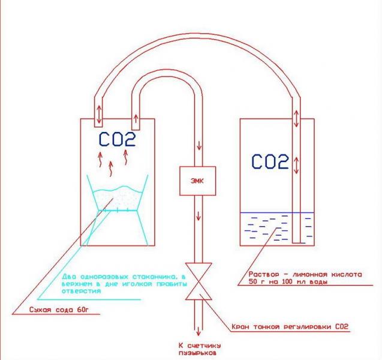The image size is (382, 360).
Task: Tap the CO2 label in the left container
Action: (117, 139)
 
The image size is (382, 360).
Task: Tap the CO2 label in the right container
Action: (270, 161)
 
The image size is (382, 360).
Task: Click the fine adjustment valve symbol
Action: (198, 281)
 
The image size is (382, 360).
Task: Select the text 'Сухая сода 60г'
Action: (59, 310)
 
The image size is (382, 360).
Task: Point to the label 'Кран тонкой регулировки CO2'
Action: (290, 326)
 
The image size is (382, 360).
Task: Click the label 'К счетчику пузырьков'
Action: (200, 349)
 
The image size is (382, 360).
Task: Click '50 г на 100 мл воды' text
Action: (288, 282)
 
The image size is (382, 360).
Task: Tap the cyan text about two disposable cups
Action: (124, 284)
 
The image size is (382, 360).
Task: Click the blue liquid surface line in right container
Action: (277, 212)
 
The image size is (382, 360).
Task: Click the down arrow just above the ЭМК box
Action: (199, 145)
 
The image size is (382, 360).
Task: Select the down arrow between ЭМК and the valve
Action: (198, 216)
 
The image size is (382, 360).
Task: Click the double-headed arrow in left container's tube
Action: (99, 114)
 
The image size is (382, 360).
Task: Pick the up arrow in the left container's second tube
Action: (136, 119)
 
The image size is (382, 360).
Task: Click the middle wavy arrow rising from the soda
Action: (111, 169)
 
